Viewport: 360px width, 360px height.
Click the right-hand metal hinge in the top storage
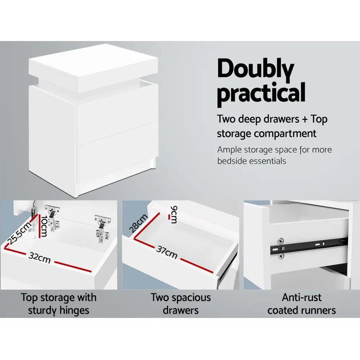[x=102, y=228]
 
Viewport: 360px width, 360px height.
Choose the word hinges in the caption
[x=74, y=310]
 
